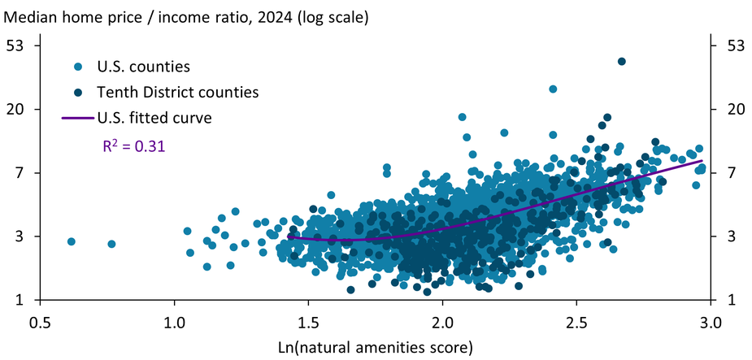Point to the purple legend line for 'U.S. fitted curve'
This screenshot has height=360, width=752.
click(76, 118)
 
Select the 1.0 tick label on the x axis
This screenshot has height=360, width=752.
click(174, 323)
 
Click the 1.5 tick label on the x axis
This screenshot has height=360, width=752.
click(308, 323)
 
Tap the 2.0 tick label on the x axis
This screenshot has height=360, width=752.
click(442, 323)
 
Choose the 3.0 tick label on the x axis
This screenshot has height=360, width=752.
click(710, 323)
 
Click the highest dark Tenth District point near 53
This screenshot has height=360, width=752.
click(622, 61)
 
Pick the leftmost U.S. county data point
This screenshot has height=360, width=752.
click(72, 241)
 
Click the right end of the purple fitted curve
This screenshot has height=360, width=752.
click(702, 161)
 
